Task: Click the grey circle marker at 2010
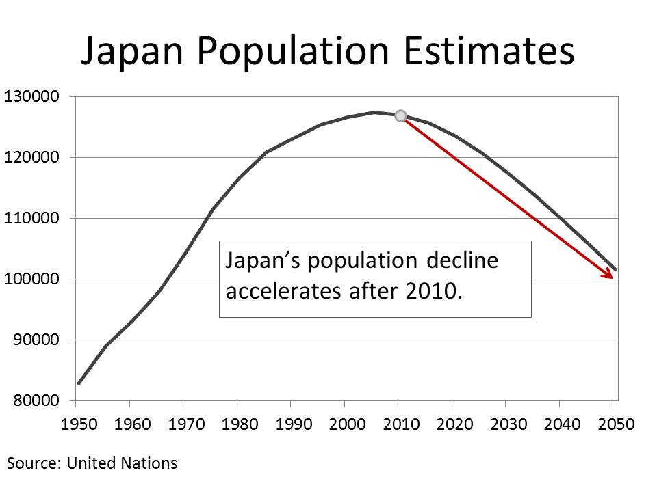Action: coord(401,115)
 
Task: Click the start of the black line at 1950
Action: coord(79,383)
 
